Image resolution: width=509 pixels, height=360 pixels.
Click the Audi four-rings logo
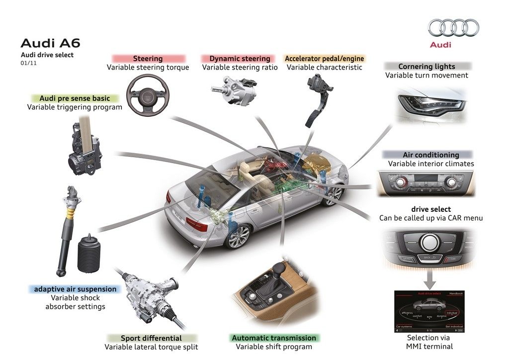(x=453, y=28)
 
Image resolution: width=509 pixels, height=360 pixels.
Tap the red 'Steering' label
(x=148, y=59)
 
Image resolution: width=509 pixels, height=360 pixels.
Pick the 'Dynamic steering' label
(x=240, y=59)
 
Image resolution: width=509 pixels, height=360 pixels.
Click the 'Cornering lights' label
(x=426, y=66)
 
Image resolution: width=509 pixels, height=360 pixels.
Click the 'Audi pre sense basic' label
(x=75, y=98)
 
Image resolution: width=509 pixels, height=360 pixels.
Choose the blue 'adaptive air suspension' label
(x=75, y=289)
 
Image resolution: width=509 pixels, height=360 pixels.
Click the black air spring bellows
(x=88, y=254)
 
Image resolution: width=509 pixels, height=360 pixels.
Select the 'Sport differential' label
(x=152, y=338)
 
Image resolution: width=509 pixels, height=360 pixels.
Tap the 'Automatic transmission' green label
(x=274, y=338)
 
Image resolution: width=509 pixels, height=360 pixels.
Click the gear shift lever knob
(x=280, y=269)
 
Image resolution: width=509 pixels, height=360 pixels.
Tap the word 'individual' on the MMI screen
(x=452, y=313)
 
